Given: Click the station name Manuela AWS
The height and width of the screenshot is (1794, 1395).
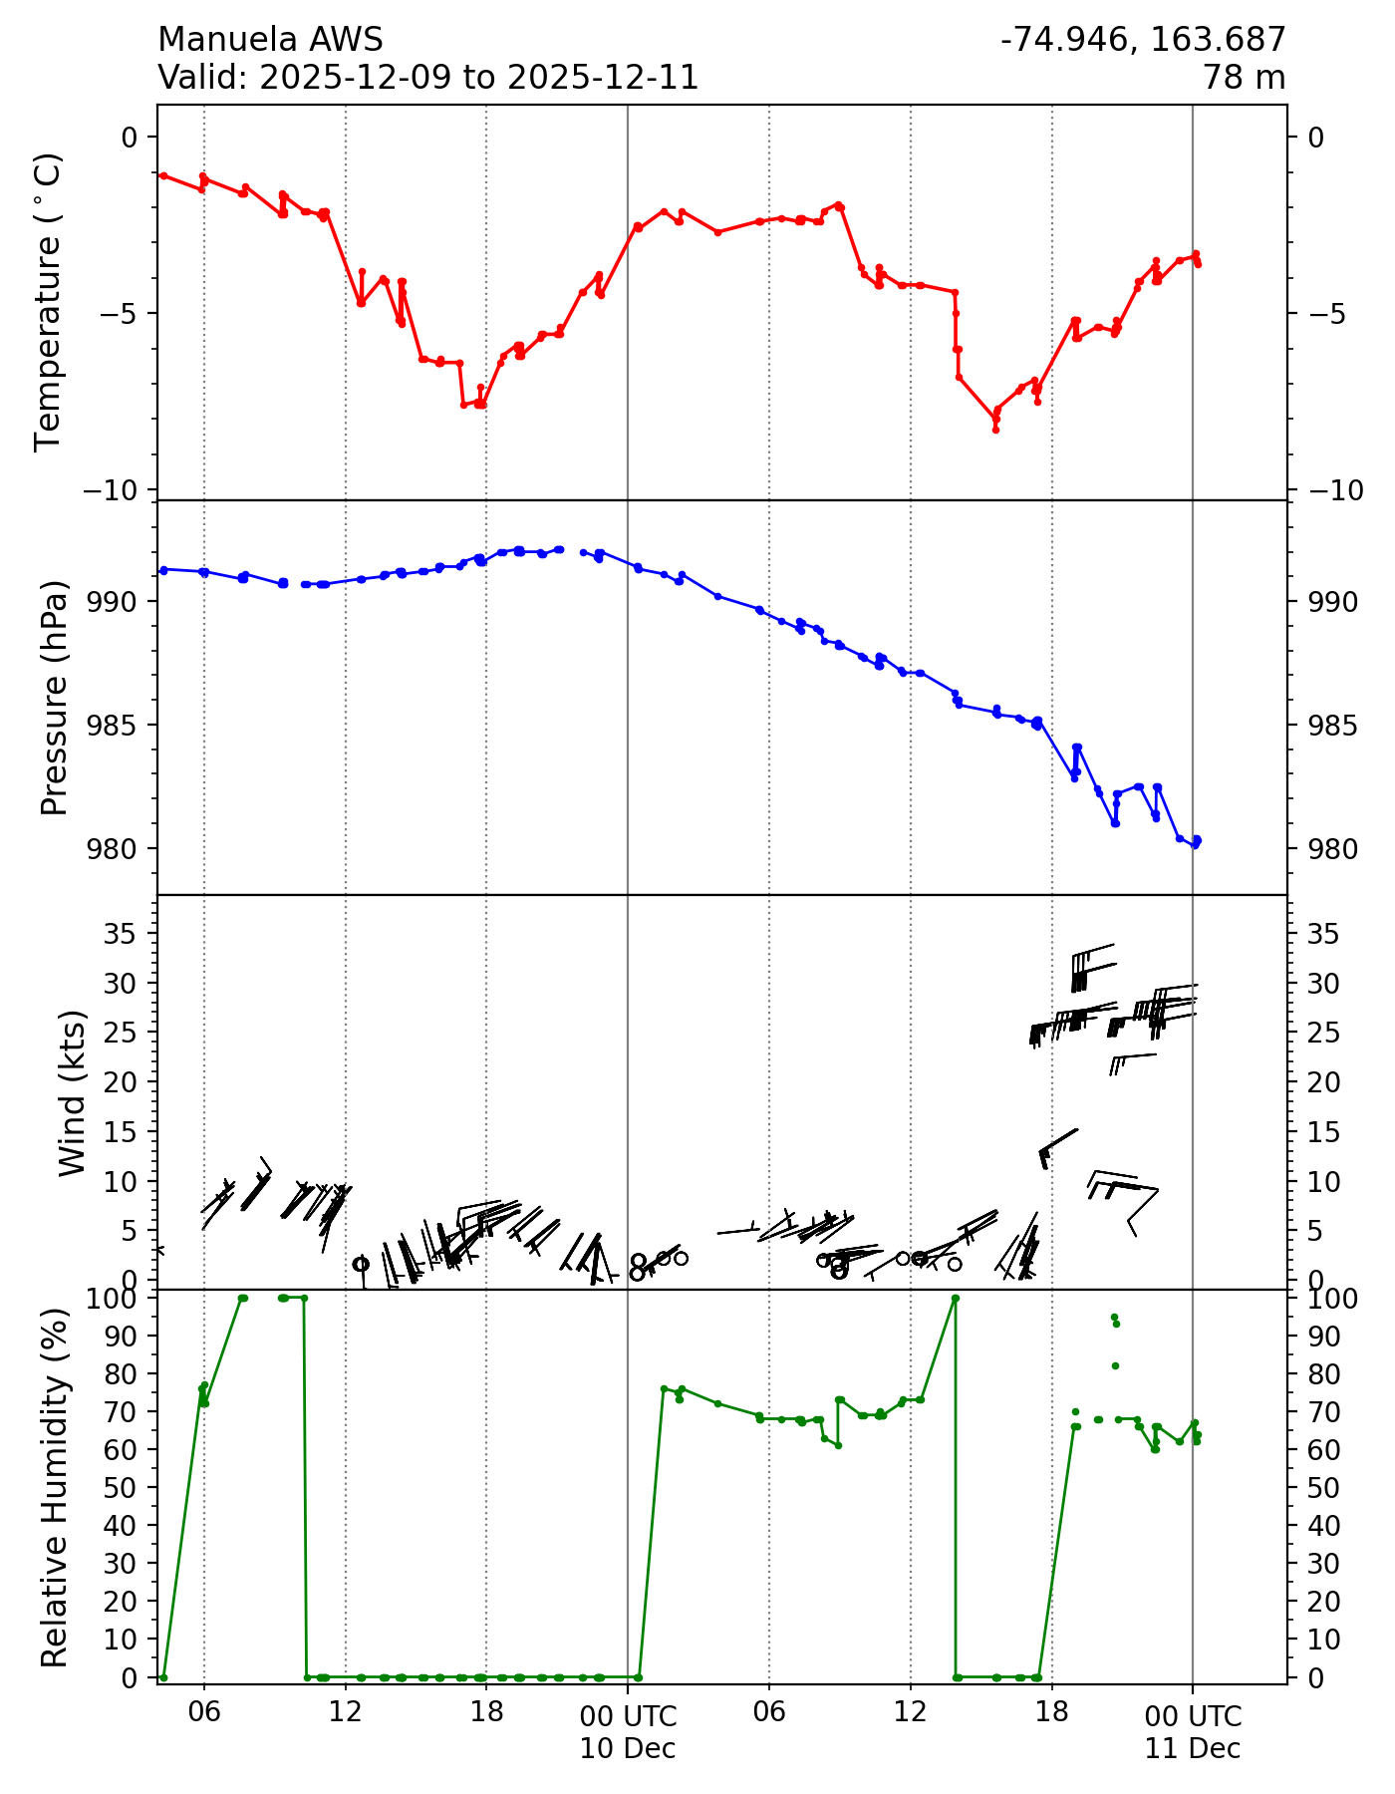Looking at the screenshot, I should tap(270, 40).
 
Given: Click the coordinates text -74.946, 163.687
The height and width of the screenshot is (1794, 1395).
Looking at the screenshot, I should tap(1143, 40).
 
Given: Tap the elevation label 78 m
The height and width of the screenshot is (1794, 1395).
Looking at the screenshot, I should tap(1244, 78).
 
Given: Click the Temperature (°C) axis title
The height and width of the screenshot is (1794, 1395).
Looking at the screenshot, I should tap(49, 302).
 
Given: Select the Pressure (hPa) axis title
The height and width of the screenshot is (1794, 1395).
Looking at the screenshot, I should tap(56, 698).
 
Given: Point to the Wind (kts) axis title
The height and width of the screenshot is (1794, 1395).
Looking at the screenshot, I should tap(72, 1092).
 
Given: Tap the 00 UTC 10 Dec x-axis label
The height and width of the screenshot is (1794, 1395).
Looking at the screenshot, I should tap(628, 1732).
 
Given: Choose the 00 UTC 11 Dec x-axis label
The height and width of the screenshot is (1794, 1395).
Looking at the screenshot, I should tap(1193, 1732).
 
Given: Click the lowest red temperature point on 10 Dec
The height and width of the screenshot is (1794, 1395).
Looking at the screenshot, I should tap(995, 430).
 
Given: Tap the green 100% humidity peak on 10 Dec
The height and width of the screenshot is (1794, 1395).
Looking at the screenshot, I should tap(956, 1298).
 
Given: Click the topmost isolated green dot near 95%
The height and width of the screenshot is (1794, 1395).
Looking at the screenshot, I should tap(1114, 1317).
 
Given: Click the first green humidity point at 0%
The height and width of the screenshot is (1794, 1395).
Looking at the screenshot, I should tap(163, 1677).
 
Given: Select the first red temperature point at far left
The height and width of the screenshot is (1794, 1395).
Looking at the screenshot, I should tap(163, 175).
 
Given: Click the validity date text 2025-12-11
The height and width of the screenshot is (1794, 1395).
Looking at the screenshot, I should tap(603, 78).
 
